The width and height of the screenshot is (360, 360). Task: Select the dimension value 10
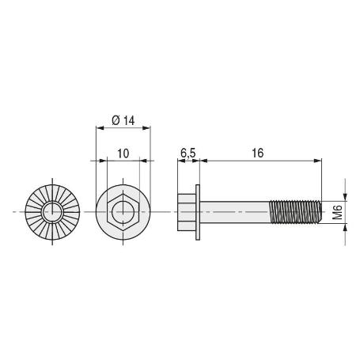pos(123,152)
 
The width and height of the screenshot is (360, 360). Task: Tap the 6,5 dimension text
pos(188,152)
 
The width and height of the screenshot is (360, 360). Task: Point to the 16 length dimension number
pos(258,152)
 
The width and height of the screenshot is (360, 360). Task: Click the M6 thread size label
pos(337,212)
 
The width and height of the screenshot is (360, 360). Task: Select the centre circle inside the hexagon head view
pos(123,212)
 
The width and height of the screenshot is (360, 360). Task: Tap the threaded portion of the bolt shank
pos(297,212)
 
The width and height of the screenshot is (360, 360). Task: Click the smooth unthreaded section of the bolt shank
pos(237,212)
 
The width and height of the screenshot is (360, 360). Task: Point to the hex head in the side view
pos(187,212)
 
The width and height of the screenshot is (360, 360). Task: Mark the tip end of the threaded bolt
pos(321,212)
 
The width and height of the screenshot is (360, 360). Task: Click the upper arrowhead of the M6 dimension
pos(345,196)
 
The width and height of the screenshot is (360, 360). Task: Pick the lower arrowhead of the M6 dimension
pos(345,229)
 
